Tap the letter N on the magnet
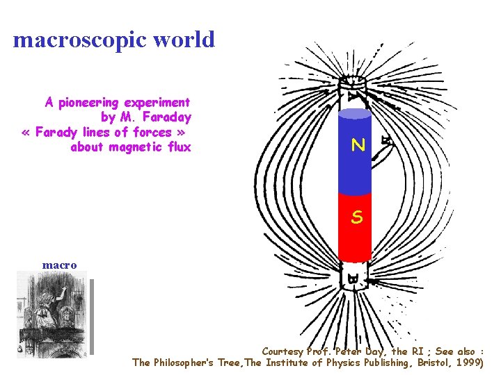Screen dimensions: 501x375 click(358, 145)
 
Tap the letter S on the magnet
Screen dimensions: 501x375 click(356, 217)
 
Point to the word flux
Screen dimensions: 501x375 click(177, 147)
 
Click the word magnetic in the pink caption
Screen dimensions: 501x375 click(136, 147)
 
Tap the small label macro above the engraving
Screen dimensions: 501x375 click(59, 265)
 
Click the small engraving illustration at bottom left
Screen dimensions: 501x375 click(54, 313)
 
